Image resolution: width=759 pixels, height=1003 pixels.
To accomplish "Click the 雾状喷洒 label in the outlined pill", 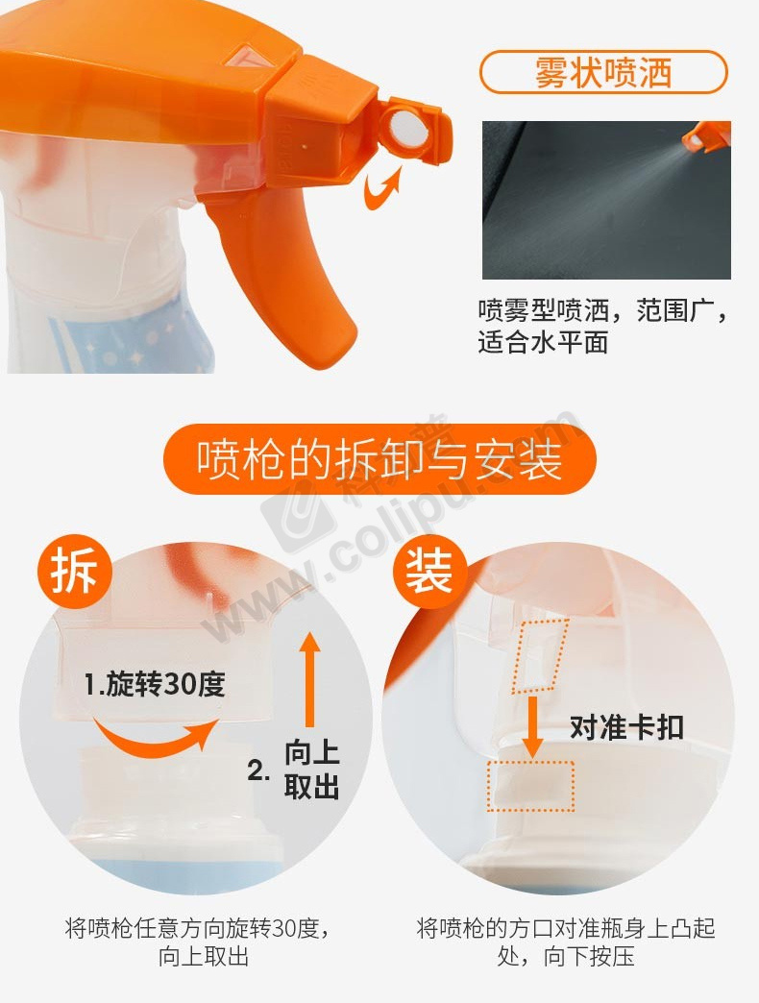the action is coord(603,72).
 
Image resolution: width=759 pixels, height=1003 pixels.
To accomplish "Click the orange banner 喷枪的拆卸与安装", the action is coord(379,458).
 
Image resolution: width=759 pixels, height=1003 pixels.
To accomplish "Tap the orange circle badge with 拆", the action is coord(73,572).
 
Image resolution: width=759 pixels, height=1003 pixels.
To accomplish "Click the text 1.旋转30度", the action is coord(155,684).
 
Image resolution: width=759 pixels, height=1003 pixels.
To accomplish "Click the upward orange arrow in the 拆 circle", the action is coord(310,679).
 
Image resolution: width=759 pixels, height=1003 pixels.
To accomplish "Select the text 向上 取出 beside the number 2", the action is coord(312,770).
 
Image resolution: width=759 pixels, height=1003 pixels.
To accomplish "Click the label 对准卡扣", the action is coord(626,727).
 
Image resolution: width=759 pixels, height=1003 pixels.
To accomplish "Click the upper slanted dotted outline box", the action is coord(540,655).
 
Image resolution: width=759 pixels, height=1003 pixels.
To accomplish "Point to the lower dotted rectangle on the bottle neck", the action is coord(530,786).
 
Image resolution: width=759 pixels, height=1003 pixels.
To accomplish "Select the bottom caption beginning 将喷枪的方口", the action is coord(566,942).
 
